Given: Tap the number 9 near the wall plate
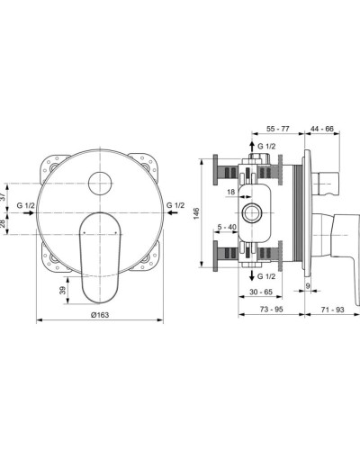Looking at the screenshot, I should (x=308, y=286).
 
